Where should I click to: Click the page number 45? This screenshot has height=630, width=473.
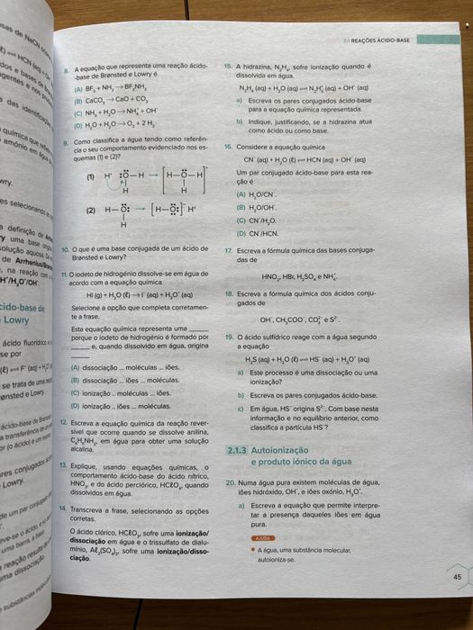[457, 578]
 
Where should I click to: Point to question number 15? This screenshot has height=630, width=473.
[229, 66]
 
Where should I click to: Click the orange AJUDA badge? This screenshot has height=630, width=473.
[261, 537]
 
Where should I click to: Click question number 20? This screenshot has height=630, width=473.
[230, 483]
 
